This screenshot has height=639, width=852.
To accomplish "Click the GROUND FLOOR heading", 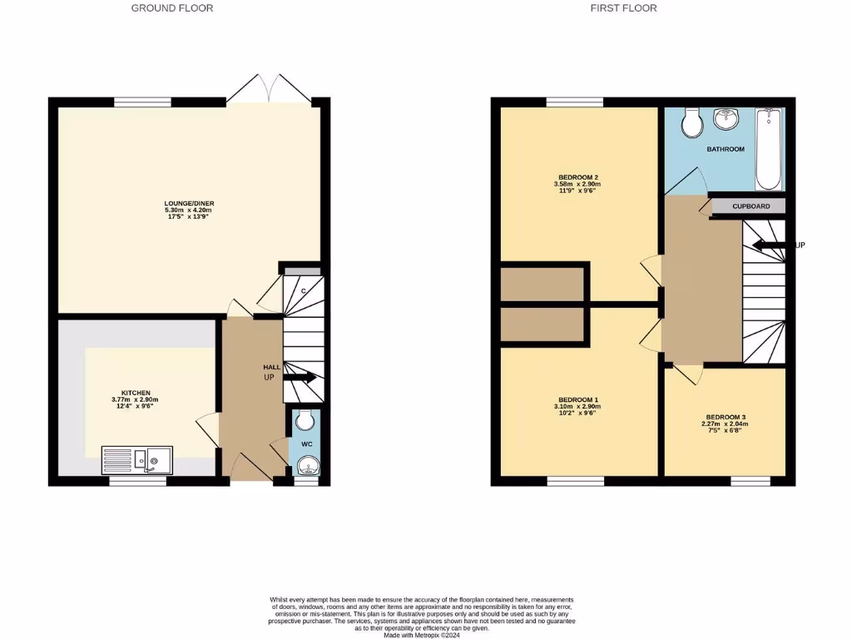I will [x=172, y=8].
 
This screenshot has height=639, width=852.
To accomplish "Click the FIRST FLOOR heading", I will [x=623, y=8].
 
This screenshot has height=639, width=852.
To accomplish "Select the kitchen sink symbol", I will [x=136, y=459].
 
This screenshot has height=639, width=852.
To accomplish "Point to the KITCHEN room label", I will [x=135, y=393].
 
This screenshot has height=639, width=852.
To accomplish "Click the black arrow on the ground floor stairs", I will [x=300, y=377].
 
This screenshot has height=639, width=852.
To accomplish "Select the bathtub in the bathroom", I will [x=768, y=150].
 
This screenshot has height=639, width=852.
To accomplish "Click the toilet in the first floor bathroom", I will [x=691, y=124].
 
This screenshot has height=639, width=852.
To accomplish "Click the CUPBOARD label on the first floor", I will [x=750, y=206].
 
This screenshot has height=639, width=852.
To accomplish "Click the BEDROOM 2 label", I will [x=578, y=177].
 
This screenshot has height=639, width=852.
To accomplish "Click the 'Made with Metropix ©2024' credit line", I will [x=421, y=636].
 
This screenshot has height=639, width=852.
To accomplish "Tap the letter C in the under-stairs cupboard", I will [x=303, y=290].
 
